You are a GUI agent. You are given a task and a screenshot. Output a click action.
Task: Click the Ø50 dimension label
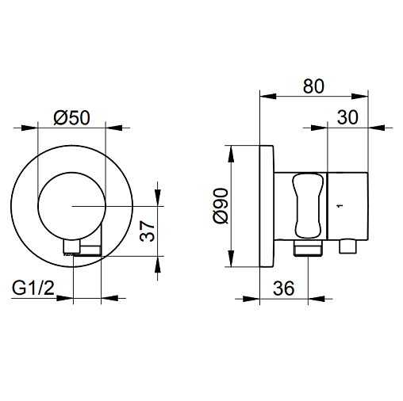[x=71, y=118]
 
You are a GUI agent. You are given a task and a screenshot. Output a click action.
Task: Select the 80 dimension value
[x=313, y=86]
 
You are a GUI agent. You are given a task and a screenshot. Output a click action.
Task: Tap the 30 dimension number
[x=347, y=117]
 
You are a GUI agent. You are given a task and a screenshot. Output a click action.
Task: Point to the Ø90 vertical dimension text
[x=221, y=206]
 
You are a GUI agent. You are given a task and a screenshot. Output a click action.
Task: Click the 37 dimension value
[x=147, y=231]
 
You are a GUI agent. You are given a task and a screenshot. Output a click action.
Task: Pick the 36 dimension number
[x=283, y=288]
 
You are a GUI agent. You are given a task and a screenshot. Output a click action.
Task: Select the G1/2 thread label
[x=33, y=288]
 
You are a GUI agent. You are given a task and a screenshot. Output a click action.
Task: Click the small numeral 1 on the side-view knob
[x=340, y=205]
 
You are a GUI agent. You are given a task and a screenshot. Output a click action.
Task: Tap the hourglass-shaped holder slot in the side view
[x=308, y=205]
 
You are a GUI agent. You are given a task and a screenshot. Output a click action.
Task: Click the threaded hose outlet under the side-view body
[x=308, y=248]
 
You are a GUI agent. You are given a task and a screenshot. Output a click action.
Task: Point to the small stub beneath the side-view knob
[x=347, y=246]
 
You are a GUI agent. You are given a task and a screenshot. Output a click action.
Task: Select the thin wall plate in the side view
[x=267, y=206]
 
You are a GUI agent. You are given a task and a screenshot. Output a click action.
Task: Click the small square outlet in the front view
[x=71, y=246]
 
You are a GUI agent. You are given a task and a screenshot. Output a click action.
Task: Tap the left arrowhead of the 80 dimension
[x=268, y=96]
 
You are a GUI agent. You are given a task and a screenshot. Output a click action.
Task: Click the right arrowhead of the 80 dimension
[x=360, y=96]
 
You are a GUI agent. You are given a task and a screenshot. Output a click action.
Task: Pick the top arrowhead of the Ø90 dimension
[x=231, y=154]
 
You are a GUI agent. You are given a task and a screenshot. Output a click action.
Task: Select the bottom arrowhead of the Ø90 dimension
[x=231, y=258]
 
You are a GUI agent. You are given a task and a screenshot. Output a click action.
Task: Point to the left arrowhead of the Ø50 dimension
[x=29, y=128]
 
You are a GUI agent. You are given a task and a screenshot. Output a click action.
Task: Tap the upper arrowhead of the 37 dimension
[x=158, y=197]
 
